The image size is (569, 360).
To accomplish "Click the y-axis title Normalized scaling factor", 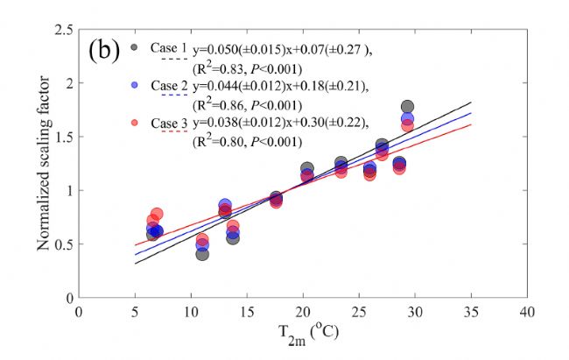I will tap(42, 163).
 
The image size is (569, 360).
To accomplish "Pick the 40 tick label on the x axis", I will tap(527, 313).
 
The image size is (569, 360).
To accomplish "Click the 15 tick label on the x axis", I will tap(247, 313).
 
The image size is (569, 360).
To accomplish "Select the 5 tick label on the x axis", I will tap(135, 313).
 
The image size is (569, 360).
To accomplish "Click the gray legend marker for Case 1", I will tap(133, 47).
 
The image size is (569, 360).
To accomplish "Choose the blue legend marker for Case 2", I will tap(133, 85).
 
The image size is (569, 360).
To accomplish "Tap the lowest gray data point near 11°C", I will tap(202, 253).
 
